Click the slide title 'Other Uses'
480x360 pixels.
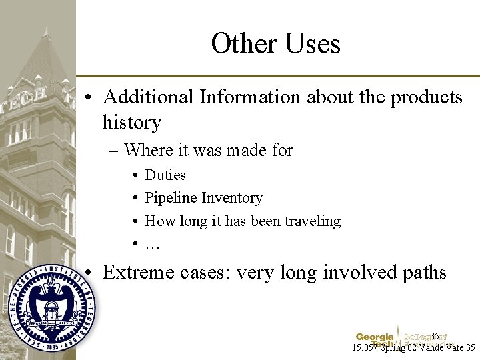pos(275,43)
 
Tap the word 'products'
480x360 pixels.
pos(426,97)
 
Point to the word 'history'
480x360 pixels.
pos(132,123)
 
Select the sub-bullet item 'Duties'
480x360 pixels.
pos(165,175)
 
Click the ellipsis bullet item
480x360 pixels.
pos(153,244)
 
